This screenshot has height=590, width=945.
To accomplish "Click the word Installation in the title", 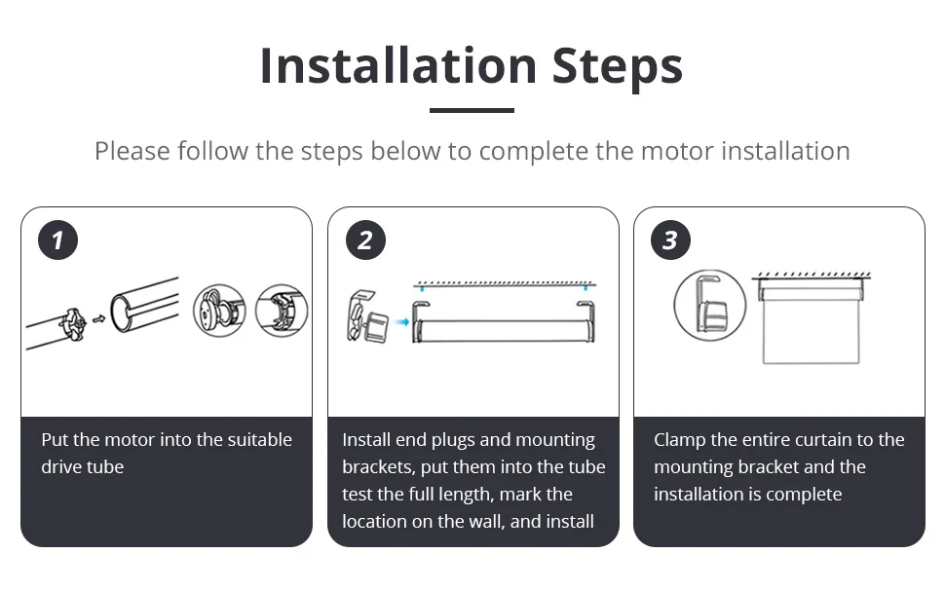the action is [398, 65].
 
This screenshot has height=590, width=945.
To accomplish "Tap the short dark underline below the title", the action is [472, 110].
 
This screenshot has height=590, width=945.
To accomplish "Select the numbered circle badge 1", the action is [57, 240].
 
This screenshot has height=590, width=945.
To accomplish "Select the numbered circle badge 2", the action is [366, 240].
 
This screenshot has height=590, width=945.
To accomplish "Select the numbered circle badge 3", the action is [671, 240].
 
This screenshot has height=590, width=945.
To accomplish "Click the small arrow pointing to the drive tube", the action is [98, 318].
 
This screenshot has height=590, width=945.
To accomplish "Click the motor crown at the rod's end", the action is [72, 325].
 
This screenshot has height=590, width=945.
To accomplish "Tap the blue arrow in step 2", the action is [401, 322].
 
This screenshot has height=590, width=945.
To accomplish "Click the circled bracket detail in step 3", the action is [710, 306].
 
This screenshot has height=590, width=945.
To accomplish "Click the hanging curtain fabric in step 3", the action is [812, 332].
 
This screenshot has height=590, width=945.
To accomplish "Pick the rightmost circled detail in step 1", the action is [282, 311].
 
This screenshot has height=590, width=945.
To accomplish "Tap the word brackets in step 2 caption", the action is [378, 467].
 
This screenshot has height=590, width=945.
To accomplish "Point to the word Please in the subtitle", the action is [132, 151].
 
